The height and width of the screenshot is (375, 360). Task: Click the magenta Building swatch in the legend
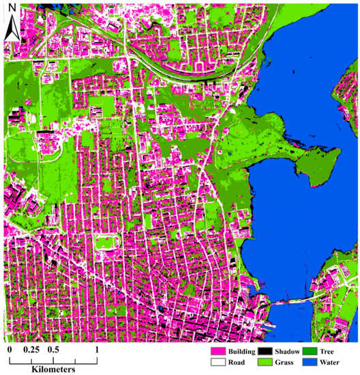coord(218,352)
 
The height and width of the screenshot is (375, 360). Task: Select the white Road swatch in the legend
coord(218,363)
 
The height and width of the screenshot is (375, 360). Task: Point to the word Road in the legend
coord(237,363)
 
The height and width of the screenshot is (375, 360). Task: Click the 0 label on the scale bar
coord(10,350)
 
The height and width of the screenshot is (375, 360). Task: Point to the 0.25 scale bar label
coord(30,350)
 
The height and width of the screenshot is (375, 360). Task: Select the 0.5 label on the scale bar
coord(52,350)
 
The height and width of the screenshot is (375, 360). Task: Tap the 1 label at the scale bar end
coord(96,350)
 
